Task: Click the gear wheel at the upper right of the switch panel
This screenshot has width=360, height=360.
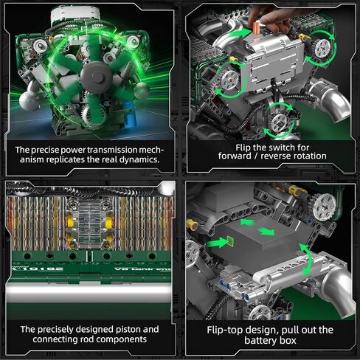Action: coord(322,49)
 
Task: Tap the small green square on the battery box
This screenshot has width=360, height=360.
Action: coord(229,240)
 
